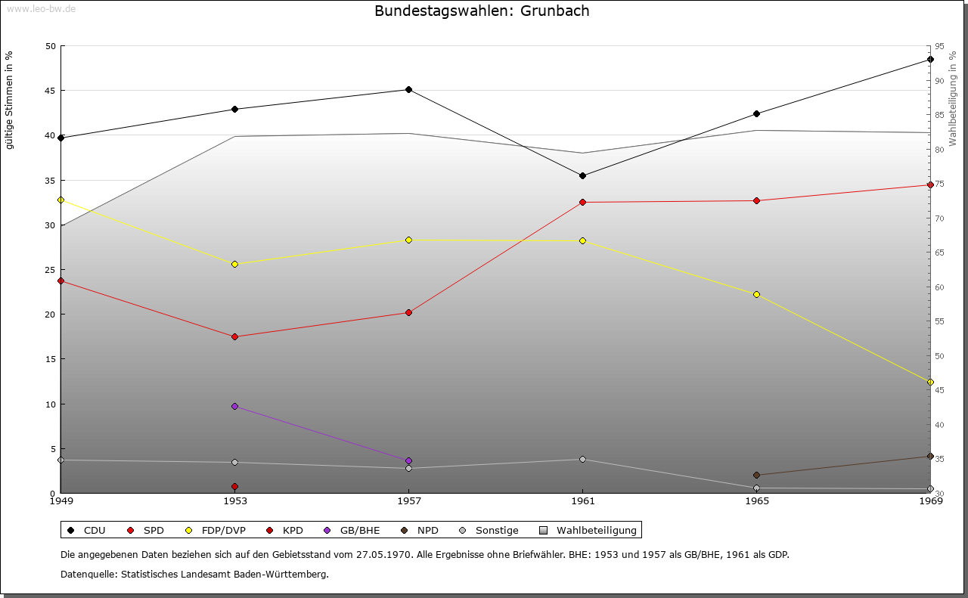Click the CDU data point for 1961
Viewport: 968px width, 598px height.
tap(582, 175)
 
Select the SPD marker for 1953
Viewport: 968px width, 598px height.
tap(234, 336)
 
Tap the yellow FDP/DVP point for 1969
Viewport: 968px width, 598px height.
tap(930, 382)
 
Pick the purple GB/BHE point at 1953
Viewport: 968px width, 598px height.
tap(234, 406)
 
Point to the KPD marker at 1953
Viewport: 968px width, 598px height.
tap(234, 486)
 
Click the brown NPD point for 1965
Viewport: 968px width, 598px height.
tap(756, 475)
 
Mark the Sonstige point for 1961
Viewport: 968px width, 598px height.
tap(582, 459)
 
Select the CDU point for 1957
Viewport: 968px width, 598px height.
tap(408, 89)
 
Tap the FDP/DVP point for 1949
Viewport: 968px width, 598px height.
tap(60, 200)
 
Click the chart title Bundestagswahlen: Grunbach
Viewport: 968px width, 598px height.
tap(482, 11)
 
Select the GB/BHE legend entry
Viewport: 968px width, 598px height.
tap(359, 530)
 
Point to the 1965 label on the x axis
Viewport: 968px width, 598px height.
tap(756, 500)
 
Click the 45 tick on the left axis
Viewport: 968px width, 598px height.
tap(50, 91)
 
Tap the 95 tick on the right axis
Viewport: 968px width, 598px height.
tap(939, 46)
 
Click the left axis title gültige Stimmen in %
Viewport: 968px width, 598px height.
tap(9, 100)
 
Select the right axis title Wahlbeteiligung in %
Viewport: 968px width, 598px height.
tap(953, 98)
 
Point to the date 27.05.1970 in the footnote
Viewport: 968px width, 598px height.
tap(383, 554)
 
